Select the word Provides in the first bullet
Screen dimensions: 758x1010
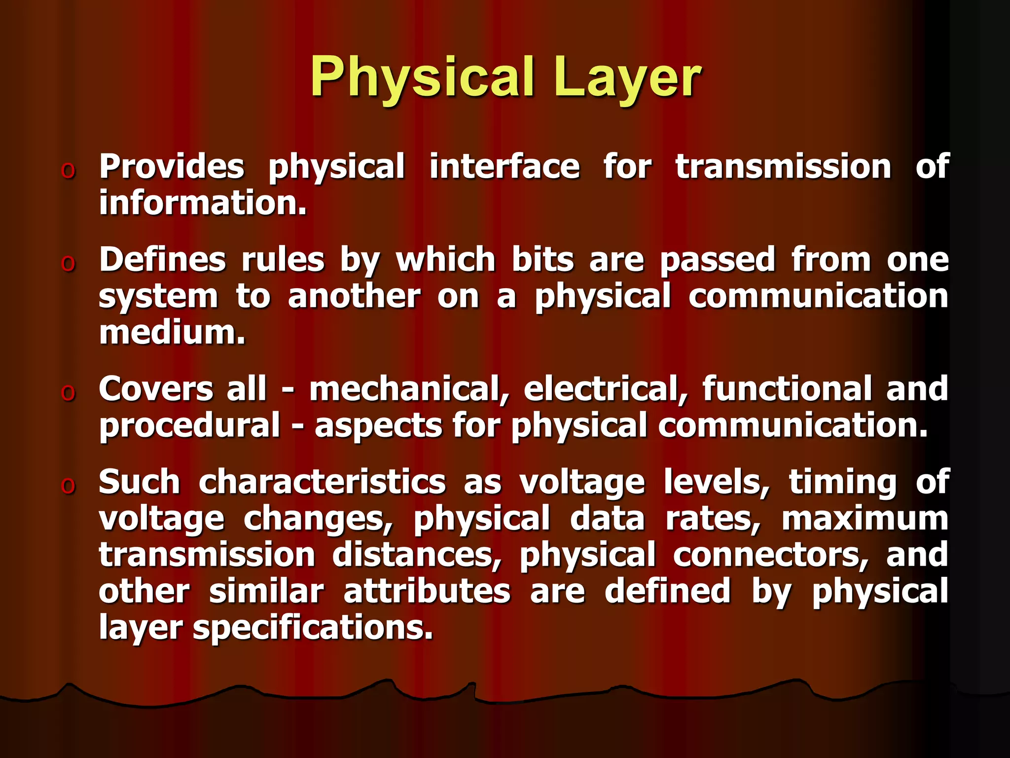point(172,166)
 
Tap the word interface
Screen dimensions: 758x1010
point(505,166)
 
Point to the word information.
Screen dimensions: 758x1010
point(203,203)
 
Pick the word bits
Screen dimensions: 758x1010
point(543,260)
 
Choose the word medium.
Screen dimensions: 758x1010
point(172,333)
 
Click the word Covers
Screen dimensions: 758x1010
point(156,389)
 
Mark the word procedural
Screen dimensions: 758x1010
point(190,425)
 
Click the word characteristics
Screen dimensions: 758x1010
point(323,482)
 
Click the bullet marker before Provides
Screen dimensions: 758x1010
point(68,170)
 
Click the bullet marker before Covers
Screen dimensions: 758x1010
point(68,393)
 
